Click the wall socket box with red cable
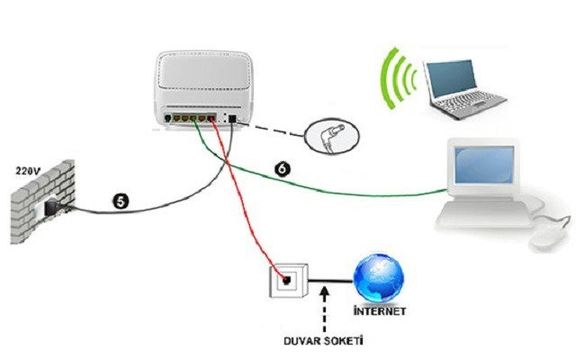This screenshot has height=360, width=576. click(283, 281)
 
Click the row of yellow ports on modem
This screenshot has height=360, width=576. click(190, 117)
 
